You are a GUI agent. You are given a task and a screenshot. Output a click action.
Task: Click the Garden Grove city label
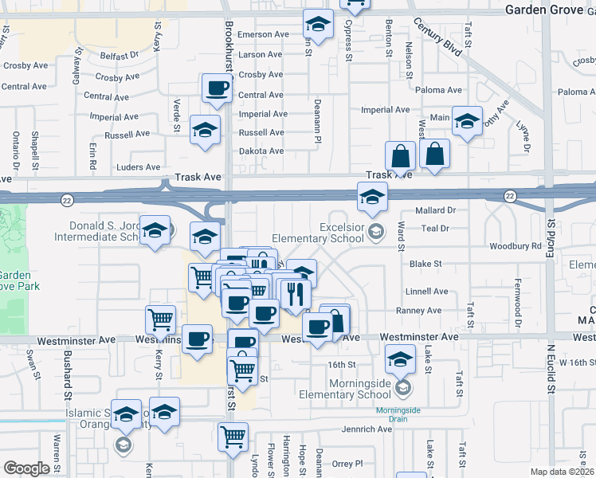[x=549, y=10]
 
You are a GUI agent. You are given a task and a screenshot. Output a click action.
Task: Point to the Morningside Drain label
[x=396, y=411]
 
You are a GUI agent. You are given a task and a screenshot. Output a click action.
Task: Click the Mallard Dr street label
[x=435, y=211]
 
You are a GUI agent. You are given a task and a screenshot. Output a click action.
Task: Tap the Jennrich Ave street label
[x=367, y=429]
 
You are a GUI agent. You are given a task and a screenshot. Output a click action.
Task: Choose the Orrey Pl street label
[x=347, y=463]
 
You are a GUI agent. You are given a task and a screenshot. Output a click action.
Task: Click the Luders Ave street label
[x=138, y=167]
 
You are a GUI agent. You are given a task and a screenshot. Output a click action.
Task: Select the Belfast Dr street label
[x=120, y=56]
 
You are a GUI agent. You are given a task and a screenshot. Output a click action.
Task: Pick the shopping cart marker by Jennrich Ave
[x=233, y=436]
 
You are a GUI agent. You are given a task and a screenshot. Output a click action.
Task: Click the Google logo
[x=26, y=468]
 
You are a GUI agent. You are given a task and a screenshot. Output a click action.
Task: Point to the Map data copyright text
[x=562, y=472]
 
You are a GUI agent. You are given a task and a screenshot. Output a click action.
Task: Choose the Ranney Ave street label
[x=422, y=311]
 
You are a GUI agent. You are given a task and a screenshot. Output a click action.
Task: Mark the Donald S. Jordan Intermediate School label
[x=96, y=231]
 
